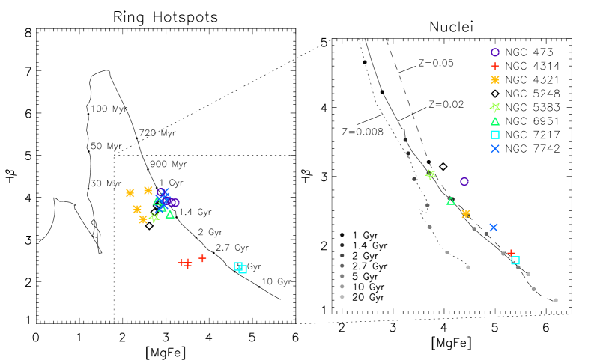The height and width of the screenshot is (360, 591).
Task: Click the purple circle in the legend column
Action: pyautogui.click(x=495, y=52)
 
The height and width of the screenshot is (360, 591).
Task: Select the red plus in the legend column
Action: pyautogui.click(x=494, y=66)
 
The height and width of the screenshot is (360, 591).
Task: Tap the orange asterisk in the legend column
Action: pyautogui.click(x=495, y=79)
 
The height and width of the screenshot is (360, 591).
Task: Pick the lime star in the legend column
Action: pyautogui.click(x=495, y=107)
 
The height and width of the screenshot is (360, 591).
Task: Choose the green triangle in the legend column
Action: pyautogui.click(x=495, y=121)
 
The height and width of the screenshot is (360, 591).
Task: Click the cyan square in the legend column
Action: pyautogui.click(x=495, y=135)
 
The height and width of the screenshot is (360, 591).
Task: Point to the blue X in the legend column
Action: pyautogui.click(x=495, y=149)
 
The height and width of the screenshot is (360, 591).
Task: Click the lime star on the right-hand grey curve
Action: pyautogui.click(x=431, y=174)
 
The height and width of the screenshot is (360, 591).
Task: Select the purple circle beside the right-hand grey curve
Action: pyautogui.click(x=464, y=182)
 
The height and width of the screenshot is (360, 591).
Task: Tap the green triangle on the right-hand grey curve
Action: pyautogui.click(x=451, y=201)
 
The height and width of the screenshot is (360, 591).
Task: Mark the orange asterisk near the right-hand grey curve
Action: pyautogui.click(x=466, y=214)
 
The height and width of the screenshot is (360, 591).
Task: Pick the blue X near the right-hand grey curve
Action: pyautogui.click(x=494, y=228)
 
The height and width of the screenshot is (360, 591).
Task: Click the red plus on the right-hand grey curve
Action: pyautogui.click(x=511, y=253)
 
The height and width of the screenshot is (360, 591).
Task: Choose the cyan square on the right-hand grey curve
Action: pyautogui.click(x=515, y=260)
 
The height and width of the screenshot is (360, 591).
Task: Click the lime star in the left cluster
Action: pyautogui.click(x=154, y=218)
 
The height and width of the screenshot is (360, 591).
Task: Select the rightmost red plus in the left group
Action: pyautogui.click(x=202, y=258)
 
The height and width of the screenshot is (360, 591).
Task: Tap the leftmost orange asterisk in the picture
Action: pyautogui.click(x=130, y=193)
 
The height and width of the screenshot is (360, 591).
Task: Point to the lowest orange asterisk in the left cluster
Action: pyautogui.click(x=143, y=219)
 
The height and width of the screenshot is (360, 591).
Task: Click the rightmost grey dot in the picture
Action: pyautogui.click(x=556, y=300)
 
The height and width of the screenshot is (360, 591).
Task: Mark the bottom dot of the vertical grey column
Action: pyautogui.click(x=342, y=297)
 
